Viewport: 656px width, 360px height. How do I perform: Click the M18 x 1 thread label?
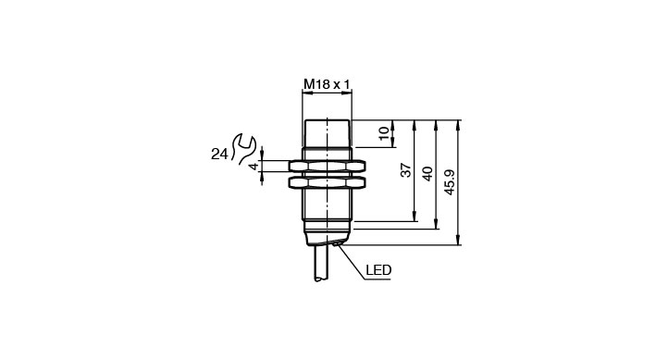[327, 84]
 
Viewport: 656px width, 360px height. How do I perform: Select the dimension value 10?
[384, 133]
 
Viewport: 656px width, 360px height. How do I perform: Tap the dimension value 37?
[406, 170]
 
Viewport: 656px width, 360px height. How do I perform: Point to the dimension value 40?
[427, 173]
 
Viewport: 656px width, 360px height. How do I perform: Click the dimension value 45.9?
[450, 182]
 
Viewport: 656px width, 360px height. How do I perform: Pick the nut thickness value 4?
[254, 167]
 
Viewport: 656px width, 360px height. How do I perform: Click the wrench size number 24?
[218, 155]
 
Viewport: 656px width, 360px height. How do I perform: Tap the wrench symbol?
[243, 149]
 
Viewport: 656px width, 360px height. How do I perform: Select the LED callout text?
[378, 270]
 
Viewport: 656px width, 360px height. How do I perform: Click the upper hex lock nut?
[327, 167]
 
